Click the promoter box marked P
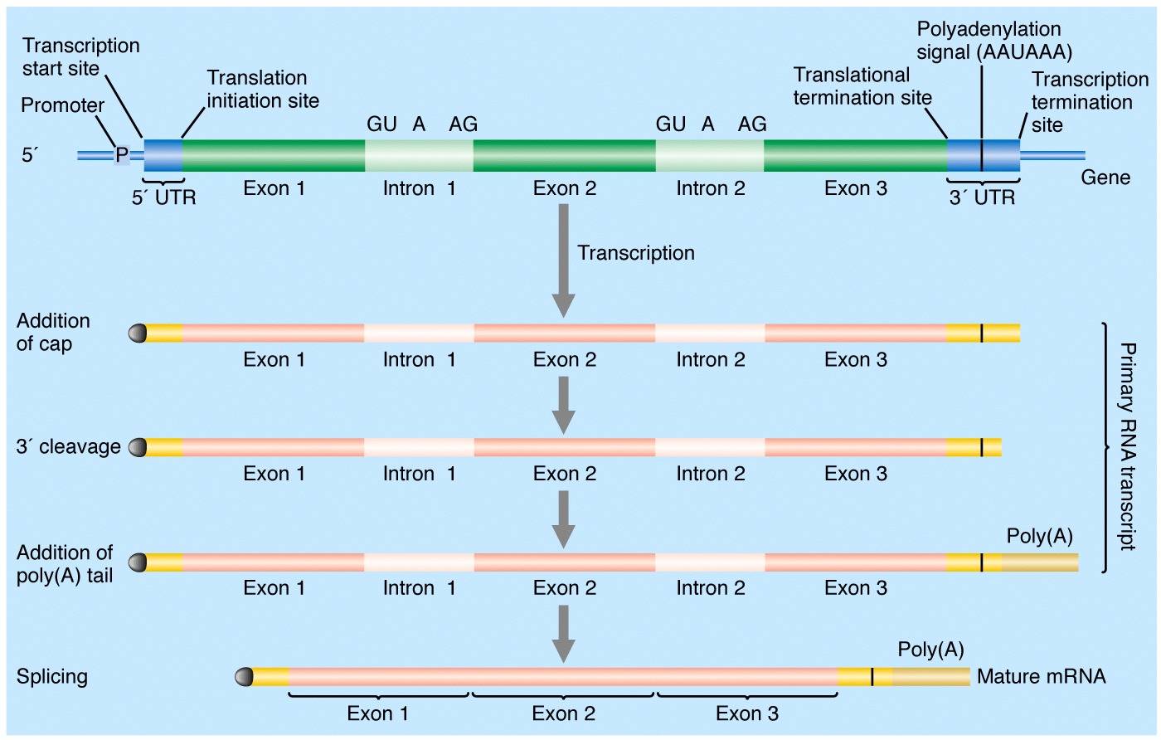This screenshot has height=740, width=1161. click(x=122, y=154)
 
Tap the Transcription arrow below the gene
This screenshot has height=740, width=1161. click(x=563, y=260)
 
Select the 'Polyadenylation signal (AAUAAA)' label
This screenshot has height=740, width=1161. click(x=994, y=41)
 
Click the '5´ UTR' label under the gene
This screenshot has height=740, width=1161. click(x=164, y=197)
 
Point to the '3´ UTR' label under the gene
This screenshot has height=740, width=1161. click(x=982, y=197)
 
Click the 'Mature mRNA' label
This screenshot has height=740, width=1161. click(x=1042, y=676)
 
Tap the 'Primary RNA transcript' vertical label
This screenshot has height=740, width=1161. click(x=1127, y=446)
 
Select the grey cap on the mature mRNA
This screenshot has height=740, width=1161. click(x=244, y=677)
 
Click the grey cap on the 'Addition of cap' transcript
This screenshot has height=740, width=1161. click(x=138, y=333)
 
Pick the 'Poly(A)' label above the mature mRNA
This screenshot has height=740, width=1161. click(x=930, y=650)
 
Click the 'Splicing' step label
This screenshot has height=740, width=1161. click(x=51, y=677)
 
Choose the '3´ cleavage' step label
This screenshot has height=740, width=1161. click(x=68, y=446)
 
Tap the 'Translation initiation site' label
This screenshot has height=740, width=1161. click(x=263, y=90)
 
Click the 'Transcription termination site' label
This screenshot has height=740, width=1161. click(x=1090, y=102)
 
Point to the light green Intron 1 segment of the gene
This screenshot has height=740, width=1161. click(x=419, y=155)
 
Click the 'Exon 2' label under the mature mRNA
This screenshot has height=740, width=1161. click(x=563, y=713)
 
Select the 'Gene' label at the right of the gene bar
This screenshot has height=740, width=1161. click(x=1105, y=178)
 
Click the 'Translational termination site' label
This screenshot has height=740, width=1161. click(x=862, y=86)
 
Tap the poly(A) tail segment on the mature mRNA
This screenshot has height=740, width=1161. click(x=930, y=677)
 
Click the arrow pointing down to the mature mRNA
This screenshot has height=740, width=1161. click(x=563, y=634)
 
